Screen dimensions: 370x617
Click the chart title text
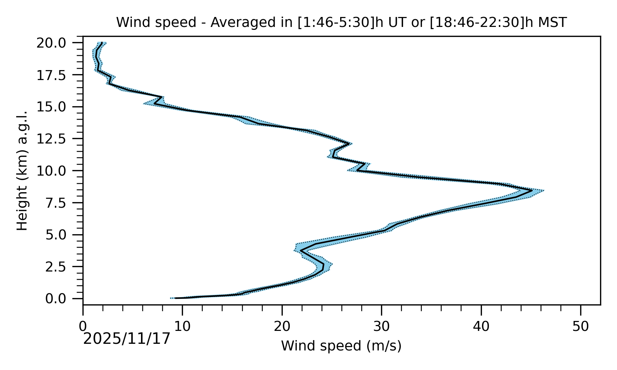(341, 23)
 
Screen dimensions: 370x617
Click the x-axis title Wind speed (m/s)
(341, 346)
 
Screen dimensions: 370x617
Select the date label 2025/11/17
(127, 339)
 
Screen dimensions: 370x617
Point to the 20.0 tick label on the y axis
(56, 43)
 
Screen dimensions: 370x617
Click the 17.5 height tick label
(56, 75)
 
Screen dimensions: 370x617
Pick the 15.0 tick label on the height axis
(56, 107)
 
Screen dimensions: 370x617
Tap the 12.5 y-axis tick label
(56, 139)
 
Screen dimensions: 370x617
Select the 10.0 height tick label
(56, 171)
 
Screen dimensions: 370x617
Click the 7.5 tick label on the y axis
(61, 203)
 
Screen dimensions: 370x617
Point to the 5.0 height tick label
(61, 235)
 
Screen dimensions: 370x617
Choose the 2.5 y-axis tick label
(61, 267)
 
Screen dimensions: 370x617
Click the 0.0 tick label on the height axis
(61, 298)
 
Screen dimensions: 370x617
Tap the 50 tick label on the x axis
(581, 326)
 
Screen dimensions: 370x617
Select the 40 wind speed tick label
(481, 326)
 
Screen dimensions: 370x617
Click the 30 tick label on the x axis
(381, 326)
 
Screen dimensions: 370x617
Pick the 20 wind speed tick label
(282, 326)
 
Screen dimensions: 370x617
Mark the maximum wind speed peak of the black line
(532, 191)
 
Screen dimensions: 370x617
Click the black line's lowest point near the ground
(175, 298)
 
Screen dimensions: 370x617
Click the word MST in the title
(552, 23)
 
